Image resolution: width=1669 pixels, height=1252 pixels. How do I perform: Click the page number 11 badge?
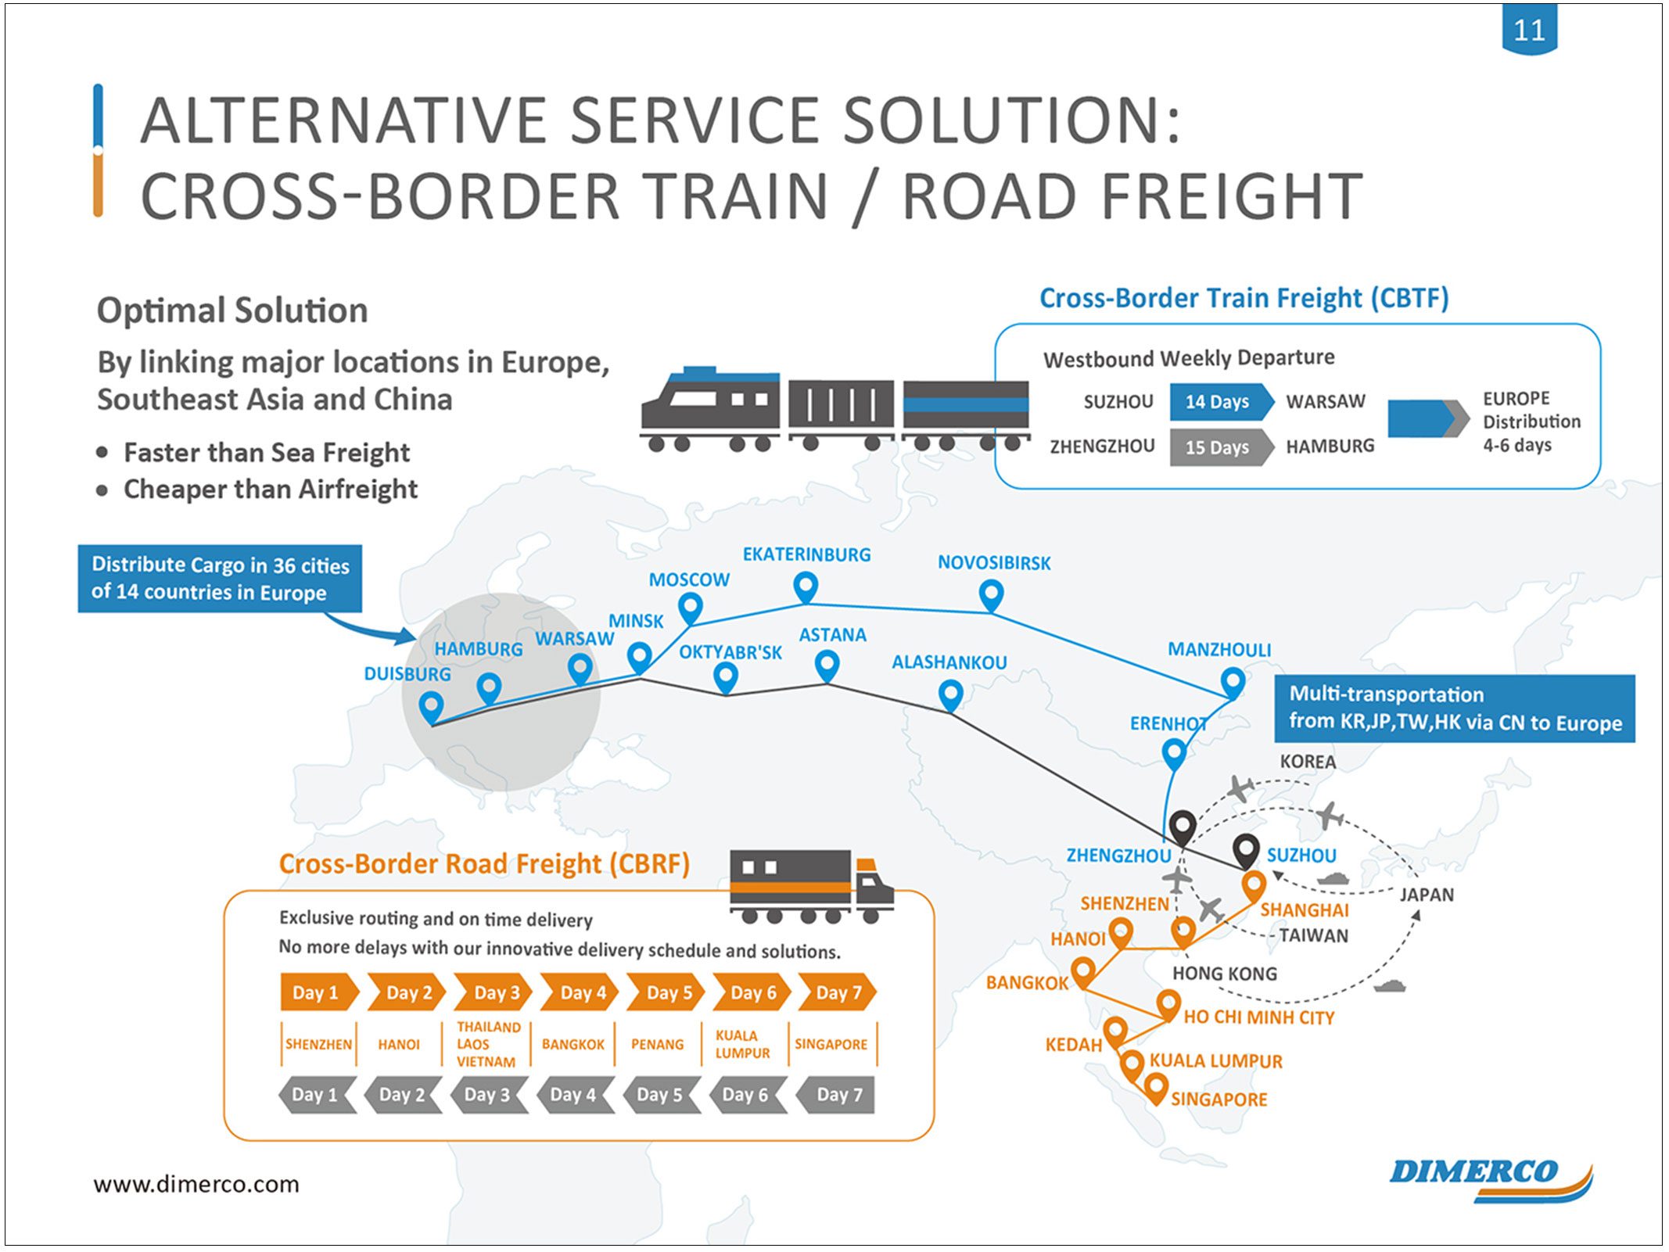click(x=1529, y=29)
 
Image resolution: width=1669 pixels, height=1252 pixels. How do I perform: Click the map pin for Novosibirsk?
click(x=991, y=595)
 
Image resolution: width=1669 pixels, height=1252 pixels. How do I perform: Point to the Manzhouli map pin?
click(x=1233, y=682)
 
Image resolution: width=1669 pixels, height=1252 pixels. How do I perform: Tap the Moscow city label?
click(x=689, y=579)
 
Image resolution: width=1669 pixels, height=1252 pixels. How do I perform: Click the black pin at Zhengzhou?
click(x=1183, y=827)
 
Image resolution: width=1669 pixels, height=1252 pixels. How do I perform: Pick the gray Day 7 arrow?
click(x=835, y=1095)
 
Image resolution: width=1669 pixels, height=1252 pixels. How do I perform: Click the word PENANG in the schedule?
click(x=657, y=1045)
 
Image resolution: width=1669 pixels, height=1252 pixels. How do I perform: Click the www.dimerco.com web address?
click(x=196, y=1184)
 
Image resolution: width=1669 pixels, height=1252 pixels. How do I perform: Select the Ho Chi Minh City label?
click(x=1258, y=1017)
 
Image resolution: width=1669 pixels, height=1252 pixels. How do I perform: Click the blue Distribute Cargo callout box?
click(x=220, y=579)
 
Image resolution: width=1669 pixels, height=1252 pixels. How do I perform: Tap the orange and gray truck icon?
click(x=811, y=886)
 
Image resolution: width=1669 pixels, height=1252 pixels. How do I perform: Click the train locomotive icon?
click(x=710, y=409)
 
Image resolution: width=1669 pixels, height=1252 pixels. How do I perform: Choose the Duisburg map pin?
click(x=431, y=708)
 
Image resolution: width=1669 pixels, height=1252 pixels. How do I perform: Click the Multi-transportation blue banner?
click(x=1455, y=709)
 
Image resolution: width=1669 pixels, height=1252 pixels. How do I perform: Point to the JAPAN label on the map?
click(x=1427, y=895)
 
